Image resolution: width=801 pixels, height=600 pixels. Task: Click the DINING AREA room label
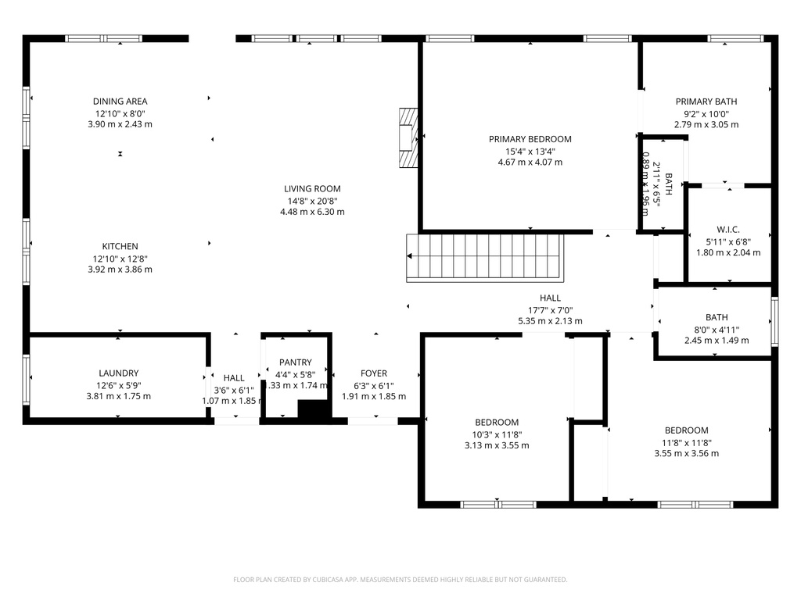click(x=120, y=101)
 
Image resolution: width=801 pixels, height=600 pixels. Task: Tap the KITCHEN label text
click(x=120, y=246)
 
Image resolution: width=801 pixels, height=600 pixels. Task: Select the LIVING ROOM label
click(x=312, y=188)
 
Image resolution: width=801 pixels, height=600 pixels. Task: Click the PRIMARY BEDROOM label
click(x=530, y=139)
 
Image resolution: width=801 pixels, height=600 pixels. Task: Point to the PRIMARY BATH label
click(x=706, y=101)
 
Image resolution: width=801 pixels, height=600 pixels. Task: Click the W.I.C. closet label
click(x=727, y=229)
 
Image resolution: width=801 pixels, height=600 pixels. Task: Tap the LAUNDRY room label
click(x=119, y=373)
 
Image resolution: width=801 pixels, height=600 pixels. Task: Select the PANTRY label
click(x=296, y=362)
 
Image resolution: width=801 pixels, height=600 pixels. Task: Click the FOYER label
click(x=374, y=373)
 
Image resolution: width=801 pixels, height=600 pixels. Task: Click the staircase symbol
click(x=485, y=256)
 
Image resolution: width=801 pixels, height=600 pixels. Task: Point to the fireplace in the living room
click(x=406, y=137)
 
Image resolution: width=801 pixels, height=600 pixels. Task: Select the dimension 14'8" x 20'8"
click(x=312, y=200)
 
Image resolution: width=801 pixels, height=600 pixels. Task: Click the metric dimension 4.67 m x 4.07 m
click(x=530, y=162)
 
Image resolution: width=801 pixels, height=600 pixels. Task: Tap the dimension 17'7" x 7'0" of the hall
click(x=550, y=309)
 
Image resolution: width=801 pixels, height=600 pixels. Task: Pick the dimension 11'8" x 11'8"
click(x=686, y=442)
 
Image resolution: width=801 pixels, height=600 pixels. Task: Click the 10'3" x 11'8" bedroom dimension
click(x=497, y=434)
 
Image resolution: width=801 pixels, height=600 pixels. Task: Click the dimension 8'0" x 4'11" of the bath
click(x=717, y=329)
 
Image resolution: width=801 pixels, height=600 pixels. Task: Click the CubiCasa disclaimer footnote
click(x=400, y=580)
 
